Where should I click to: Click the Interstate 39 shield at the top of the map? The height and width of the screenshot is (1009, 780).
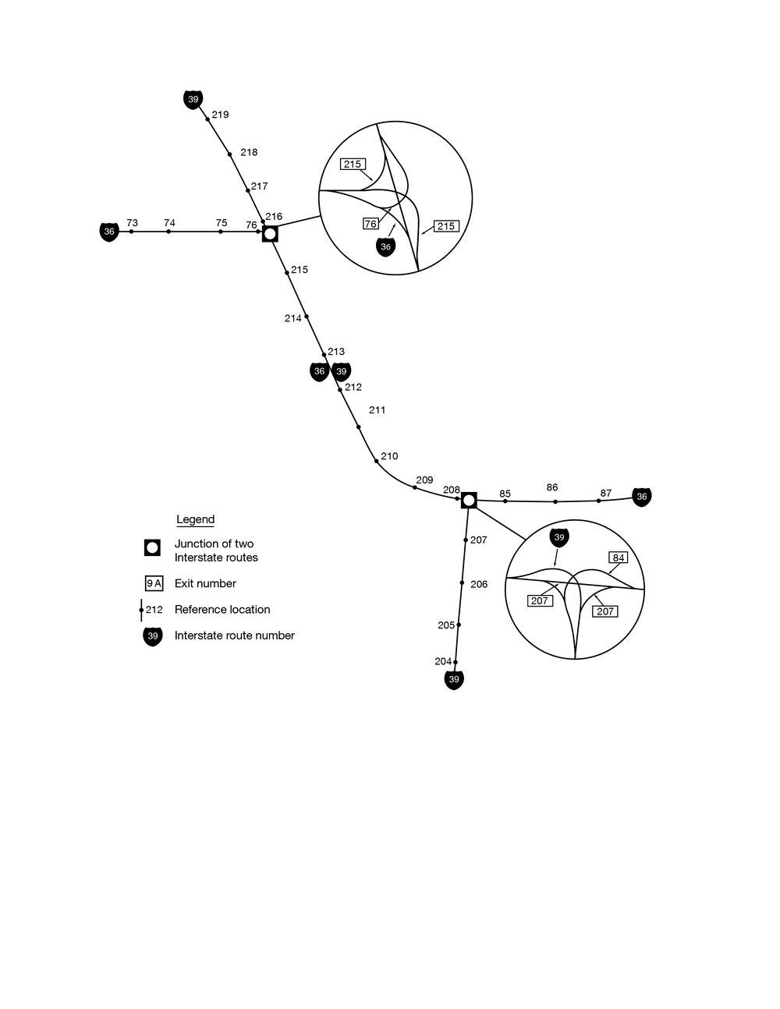click(x=193, y=99)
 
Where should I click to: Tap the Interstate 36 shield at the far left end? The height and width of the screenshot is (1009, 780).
click(x=109, y=232)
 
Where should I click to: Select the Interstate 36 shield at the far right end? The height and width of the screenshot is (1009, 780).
click(x=641, y=497)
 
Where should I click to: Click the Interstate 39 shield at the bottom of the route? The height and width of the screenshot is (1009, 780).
click(x=454, y=680)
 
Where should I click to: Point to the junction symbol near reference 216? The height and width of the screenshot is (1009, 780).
click(x=270, y=233)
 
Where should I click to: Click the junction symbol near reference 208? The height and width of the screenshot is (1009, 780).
click(x=469, y=500)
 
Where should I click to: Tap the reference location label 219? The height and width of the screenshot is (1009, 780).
click(x=220, y=115)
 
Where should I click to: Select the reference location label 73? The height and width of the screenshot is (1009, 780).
click(x=132, y=223)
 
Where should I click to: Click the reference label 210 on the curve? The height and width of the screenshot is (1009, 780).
click(x=389, y=456)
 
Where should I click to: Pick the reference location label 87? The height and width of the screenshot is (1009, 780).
click(x=605, y=494)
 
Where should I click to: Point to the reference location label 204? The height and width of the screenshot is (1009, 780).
click(x=443, y=661)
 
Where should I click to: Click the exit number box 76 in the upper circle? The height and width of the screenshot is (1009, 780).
click(x=370, y=224)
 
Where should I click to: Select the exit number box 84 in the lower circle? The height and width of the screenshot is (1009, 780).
click(x=618, y=558)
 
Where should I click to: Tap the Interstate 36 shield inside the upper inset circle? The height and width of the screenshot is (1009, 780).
click(x=385, y=247)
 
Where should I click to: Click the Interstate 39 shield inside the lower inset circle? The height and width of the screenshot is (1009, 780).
click(x=558, y=537)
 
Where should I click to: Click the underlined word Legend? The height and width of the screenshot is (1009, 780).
click(x=195, y=519)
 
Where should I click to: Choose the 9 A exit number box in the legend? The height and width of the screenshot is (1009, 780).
click(x=154, y=583)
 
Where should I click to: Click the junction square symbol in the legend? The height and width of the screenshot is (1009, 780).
click(x=153, y=547)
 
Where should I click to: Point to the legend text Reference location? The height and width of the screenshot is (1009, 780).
click(x=222, y=610)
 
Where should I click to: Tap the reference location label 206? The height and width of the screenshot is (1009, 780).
click(x=479, y=584)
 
